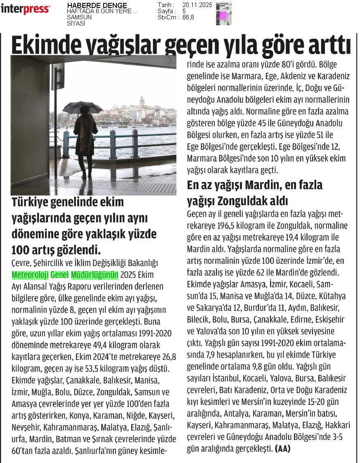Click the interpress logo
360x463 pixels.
(25, 9)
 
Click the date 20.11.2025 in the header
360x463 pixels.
(197, 5)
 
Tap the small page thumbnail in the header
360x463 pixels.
(223, 14)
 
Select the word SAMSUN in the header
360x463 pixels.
(79, 17)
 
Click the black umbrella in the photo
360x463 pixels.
(83, 108)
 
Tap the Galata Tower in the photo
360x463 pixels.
(142, 101)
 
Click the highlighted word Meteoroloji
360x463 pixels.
(30, 275)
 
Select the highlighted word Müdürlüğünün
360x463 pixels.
(95, 275)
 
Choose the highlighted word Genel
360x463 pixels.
(60, 275)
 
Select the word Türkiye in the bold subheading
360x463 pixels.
(32, 203)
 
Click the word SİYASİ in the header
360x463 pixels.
(76, 24)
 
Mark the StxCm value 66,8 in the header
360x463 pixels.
(188, 17)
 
